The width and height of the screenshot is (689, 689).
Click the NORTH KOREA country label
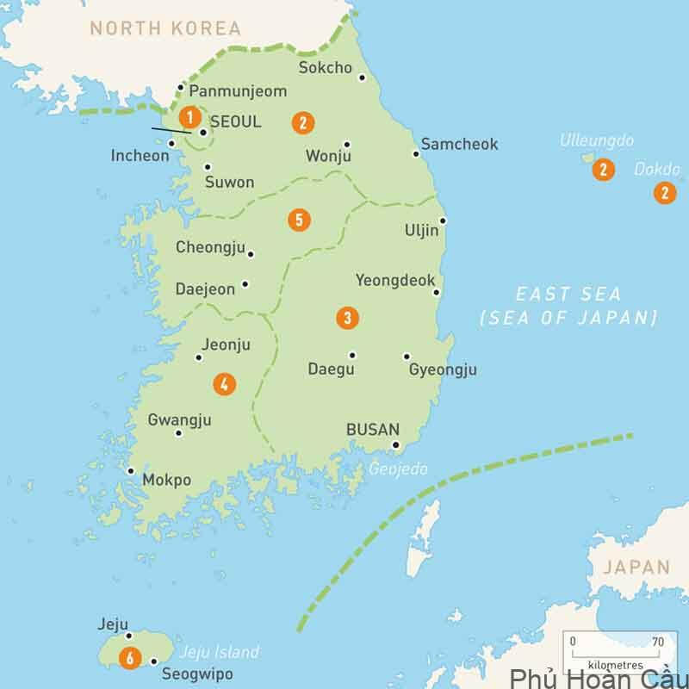(x=165, y=28)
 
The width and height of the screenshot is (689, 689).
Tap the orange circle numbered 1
(x=189, y=117)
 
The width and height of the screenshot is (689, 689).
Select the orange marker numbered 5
(x=298, y=220)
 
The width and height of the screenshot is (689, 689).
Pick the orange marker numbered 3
(x=346, y=318)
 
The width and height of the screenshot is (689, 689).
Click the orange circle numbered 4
(x=223, y=384)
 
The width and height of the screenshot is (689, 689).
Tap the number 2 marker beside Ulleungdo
(x=603, y=171)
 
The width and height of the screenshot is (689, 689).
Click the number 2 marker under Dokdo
(x=664, y=193)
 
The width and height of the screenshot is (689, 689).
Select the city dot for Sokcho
(x=362, y=78)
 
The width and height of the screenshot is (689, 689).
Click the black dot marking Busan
(x=396, y=445)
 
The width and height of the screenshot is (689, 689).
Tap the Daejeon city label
(x=205, y=289)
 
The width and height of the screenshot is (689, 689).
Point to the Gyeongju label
(x=443, y=370)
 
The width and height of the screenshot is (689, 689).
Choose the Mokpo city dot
(x=130, y=471)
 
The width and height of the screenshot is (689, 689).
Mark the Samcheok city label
(x=459, y=145)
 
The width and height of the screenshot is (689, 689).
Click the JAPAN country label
(x=636, y=567)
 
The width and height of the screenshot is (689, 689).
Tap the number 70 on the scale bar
(x=658, y=642)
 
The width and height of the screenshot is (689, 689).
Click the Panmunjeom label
(x=237, y=90)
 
